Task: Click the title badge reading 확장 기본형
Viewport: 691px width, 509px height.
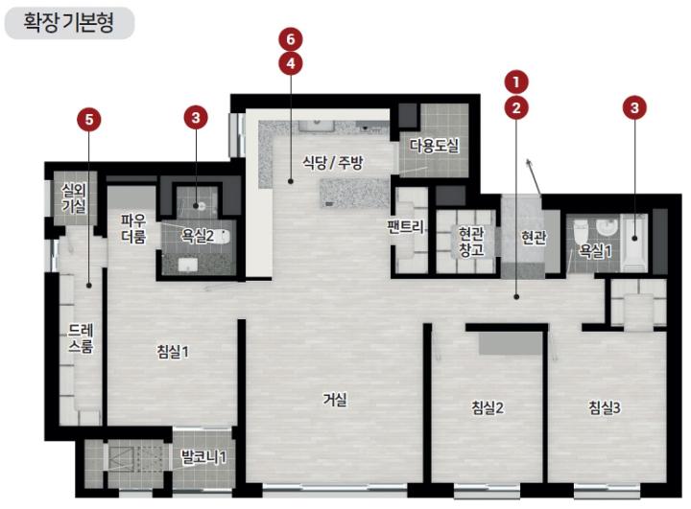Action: click(x=69, y=23)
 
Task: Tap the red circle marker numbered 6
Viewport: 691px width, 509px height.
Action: click(x=291, y=39)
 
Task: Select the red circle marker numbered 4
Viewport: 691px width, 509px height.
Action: click(x=291, y=64)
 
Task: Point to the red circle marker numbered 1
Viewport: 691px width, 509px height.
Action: click(x=516, y=81)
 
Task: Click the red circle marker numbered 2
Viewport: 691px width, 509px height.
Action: click(x=516, y=107)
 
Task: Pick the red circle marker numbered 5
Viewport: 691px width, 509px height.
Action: click(x=89, y=120)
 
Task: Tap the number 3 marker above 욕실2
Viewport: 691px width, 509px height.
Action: click(x=196, y=118)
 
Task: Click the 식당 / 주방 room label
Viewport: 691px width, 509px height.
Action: click(x=333, y=163)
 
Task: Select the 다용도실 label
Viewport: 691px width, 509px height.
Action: click(x=435, y=145)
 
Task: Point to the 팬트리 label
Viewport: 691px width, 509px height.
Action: click(x=405, y=227)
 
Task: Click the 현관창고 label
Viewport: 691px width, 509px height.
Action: click(x=471, y=242)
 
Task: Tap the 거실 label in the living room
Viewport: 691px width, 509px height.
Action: click(x=335, y=400)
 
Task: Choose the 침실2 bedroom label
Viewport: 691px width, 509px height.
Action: click(x=488, y=407)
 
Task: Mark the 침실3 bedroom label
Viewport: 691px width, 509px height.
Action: click(x=605, y=407)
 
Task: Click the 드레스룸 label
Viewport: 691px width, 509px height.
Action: click(x=81, y=338)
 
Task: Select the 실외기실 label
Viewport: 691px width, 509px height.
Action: click(x=74, y=198)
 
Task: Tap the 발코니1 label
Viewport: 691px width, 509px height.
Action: click(x=203, y=457)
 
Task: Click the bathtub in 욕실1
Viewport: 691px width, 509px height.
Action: click(x=634, y=243)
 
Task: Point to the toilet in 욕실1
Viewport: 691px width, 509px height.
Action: click(x=581, y=233)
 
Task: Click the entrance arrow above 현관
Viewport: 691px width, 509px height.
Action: click(x=534, y=176)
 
